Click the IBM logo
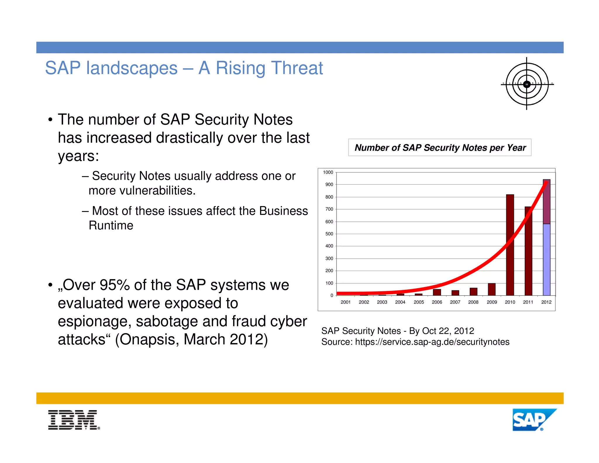pyautogui.click(x=74, y=420)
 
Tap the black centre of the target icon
pyautogui.click(x=526, y=84)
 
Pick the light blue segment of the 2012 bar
pyautogui.click(x=546, y=260)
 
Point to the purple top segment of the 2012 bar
pyautogui.click(x=546, y=202)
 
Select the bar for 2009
pyautogui.click(x=492, y=289)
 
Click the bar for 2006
pyautogui.click(x=437, y=292)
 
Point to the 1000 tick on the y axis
pyautogui.click(x=328, y=172)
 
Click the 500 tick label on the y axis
pyautogui.click(x=329, y=234)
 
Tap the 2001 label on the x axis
pyautogui.click(x=345, y=302)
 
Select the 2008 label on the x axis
pyautogui.click(x=473, y=302)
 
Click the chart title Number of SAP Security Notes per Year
pyautogui.click(x=440, y=148)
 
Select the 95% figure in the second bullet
pyautogui.click(x=115, y=285)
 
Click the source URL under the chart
pyautogui.click(x=432, y=342)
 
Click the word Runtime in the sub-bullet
pyautogui.click(x=111, y=225)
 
